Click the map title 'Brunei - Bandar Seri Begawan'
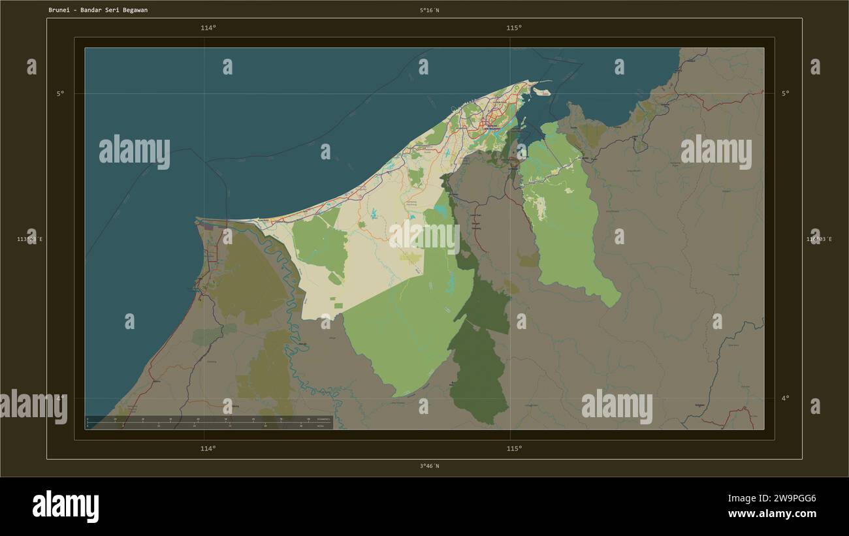[97, 10]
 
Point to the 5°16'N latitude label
[429, 10]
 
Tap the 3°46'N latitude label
[429, 466]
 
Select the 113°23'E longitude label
[30, 240]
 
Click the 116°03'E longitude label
[818, 240]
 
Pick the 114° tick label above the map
[208, 28]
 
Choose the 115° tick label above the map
[513, 28]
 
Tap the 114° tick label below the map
[208, 449]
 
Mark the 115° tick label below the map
[513, 449]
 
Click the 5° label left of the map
[60, 93]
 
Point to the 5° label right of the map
[785, 93]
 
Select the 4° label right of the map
[785, 398]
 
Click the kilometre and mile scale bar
[209, 422]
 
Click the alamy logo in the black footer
[65, 507]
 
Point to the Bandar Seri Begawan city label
[494, 128]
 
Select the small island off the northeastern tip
[543, 92]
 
